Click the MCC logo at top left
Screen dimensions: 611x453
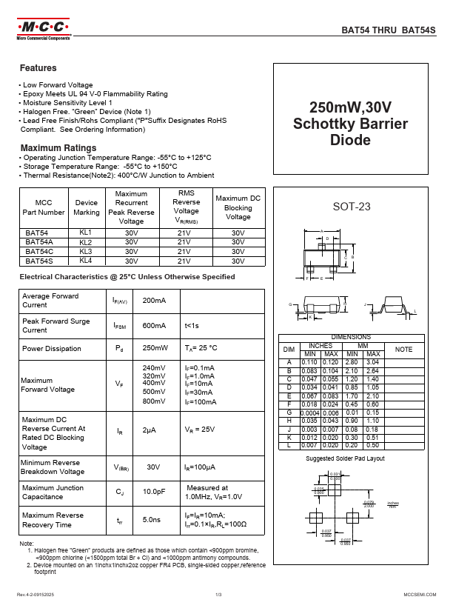[43, 30]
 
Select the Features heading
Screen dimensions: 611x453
[38, 68]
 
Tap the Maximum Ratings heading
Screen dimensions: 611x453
[58, 147]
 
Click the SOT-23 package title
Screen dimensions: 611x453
[351, 207]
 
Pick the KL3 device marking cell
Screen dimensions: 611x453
[86, 251]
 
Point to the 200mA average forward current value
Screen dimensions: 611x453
[154, 301]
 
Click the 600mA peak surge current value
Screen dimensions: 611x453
[154, 325]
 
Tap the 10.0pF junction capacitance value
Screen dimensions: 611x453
[153, 492]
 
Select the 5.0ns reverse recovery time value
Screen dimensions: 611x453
[152, 520]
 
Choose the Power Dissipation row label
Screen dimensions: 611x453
[51, 348]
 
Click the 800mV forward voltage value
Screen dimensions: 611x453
[153, 401]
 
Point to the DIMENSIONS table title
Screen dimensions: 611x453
[351, 337]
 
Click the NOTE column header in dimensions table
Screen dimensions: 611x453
[403, 349]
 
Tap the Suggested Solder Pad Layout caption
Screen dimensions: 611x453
[346, 459]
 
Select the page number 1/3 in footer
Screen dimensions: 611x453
[219, 595]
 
